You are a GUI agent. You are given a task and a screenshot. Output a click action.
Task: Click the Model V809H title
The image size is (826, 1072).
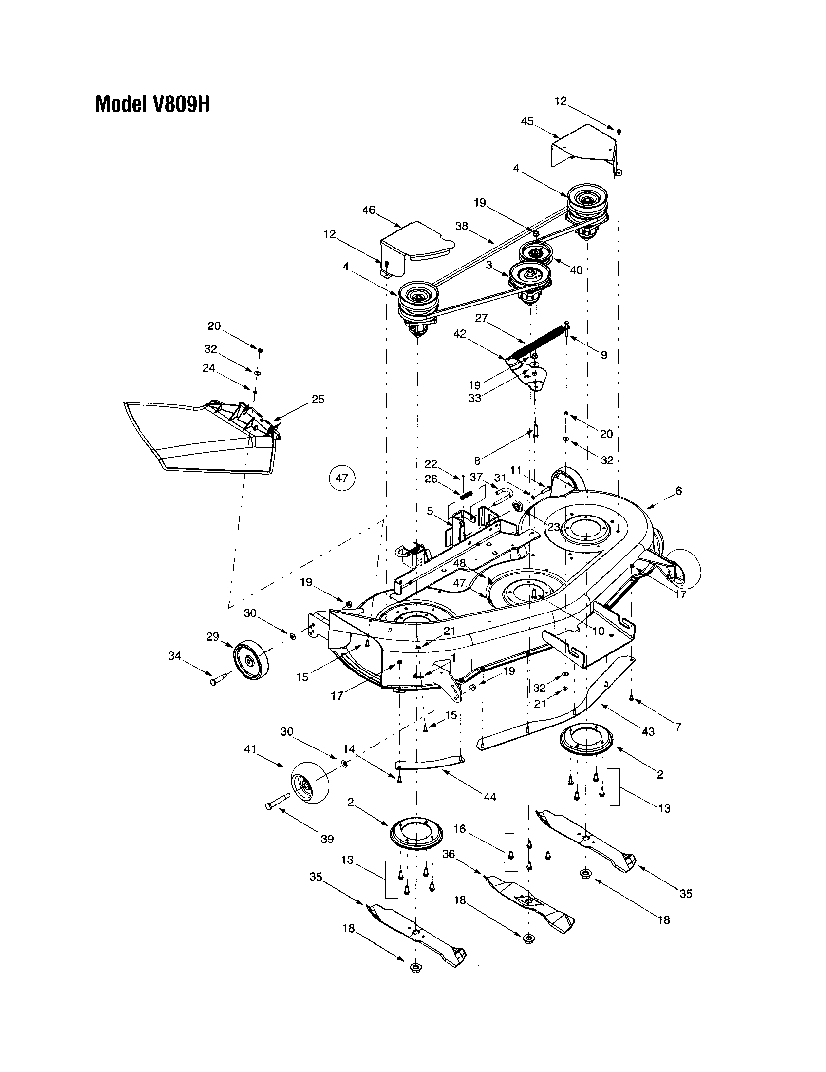(152, 104)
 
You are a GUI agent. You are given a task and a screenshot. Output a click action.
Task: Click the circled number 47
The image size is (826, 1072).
(341, 478)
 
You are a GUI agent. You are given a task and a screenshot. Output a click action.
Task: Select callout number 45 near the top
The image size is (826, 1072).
(527, 121)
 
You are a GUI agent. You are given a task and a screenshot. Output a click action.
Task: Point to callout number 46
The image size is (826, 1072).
(368, 210)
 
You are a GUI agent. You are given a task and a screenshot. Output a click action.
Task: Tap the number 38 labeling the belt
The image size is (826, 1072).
(462, 226)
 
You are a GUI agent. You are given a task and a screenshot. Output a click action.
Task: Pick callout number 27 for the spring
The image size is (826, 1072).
(481, 318)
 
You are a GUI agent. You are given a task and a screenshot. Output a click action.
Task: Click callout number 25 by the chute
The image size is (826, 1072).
(318, 399)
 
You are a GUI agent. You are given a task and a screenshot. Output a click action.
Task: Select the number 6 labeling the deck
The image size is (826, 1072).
(679, 490)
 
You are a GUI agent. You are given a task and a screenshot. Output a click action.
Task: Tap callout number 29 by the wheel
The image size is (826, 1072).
(212, 637)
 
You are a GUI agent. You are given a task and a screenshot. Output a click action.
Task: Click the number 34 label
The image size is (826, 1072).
(175, 655)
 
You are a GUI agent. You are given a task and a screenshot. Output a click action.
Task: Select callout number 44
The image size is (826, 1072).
(489, 797)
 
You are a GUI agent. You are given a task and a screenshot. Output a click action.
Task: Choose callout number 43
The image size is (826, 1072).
(648, 732)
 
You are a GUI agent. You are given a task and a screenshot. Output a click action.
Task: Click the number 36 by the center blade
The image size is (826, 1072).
(449, 854)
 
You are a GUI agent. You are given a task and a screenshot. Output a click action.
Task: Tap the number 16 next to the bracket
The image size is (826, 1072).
(460, 829)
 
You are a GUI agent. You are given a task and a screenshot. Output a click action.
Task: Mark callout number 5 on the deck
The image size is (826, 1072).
(430, 511)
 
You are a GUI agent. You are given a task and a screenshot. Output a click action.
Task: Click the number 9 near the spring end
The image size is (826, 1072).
(604, 355)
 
